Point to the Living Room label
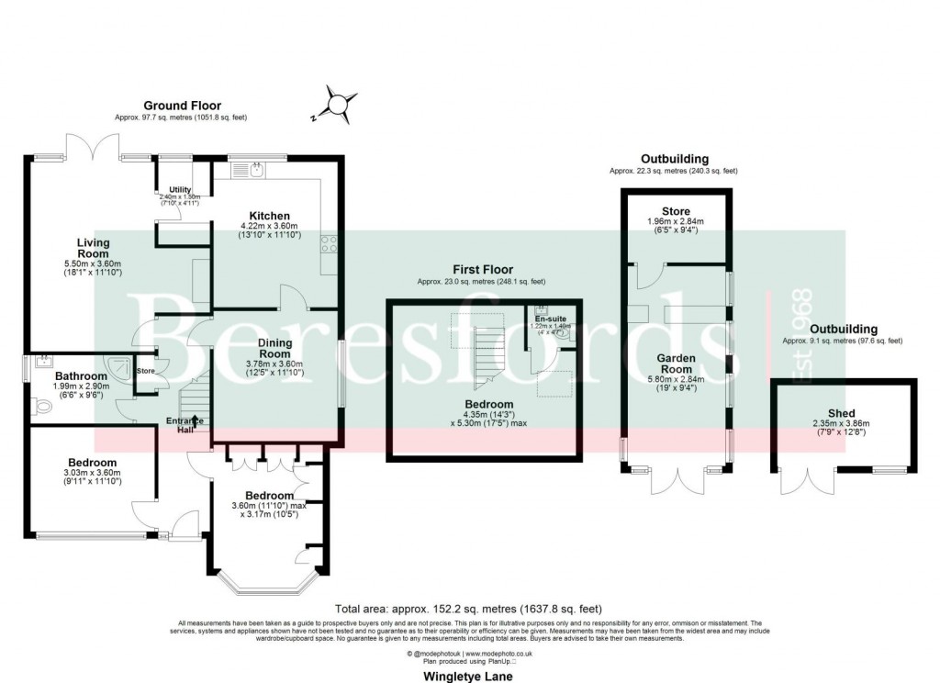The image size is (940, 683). (93, 249)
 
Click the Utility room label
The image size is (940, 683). (180, 189)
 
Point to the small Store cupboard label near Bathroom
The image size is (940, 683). (146, 372)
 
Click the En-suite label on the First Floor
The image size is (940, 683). (550, 319)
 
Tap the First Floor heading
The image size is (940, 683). (480, 269)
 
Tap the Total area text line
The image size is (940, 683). (469, 608)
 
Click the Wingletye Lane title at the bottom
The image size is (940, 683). (467, 676)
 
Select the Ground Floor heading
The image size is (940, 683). (181, 106)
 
